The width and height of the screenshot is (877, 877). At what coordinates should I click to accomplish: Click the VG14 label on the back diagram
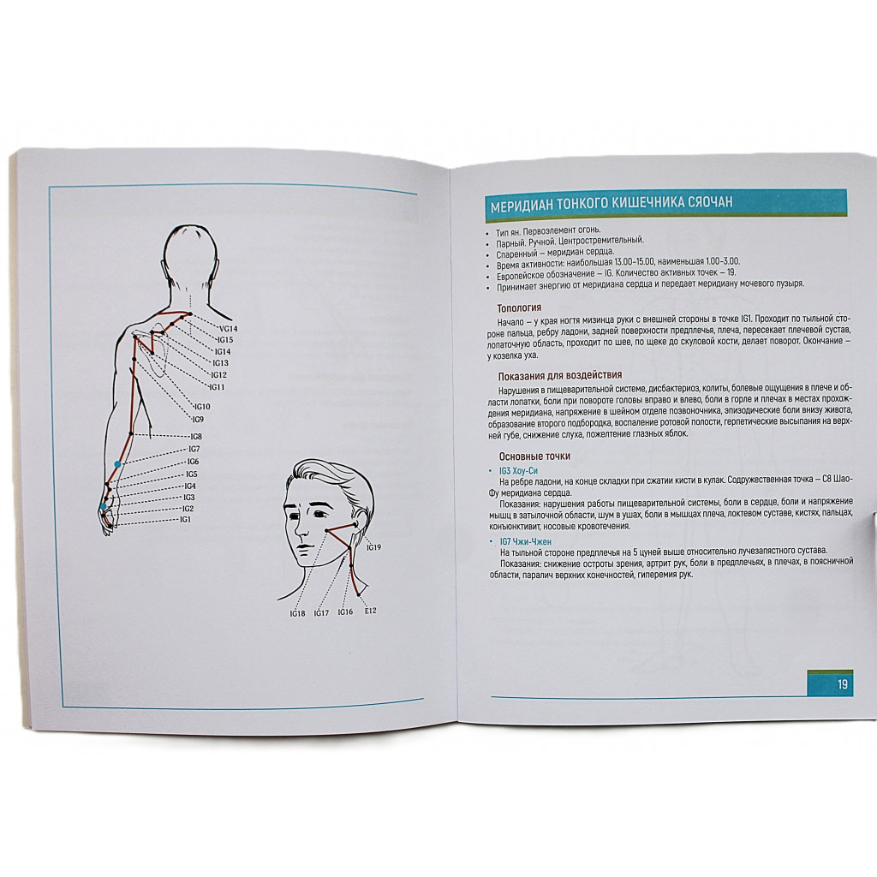click(228, 329)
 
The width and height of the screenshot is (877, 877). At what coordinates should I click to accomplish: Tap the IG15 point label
click(225, 340)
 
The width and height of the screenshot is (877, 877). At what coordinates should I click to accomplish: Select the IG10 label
click(202, 407)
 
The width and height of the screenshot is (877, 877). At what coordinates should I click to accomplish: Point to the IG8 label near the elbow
click(196, 436)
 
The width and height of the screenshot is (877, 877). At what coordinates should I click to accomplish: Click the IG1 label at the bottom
click(185, 520)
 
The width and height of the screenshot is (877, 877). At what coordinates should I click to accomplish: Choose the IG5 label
click(191, 474)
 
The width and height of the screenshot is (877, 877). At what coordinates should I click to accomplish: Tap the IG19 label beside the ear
click(373, 547)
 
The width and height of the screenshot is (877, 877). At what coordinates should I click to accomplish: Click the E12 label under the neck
click(370, 611)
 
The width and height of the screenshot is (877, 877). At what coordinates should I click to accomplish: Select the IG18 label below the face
click(297, 613)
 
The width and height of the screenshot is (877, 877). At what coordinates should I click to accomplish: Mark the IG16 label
click(345, 612)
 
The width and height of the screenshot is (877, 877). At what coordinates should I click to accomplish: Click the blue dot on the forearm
click(117, 464)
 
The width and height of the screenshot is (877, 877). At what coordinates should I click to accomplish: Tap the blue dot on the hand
click(103, 506)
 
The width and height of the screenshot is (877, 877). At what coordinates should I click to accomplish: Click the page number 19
click(843, 684)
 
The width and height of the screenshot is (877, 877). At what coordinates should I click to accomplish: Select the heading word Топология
click(519, 307)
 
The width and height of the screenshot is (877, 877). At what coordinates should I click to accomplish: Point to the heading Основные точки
click(534, 456)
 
